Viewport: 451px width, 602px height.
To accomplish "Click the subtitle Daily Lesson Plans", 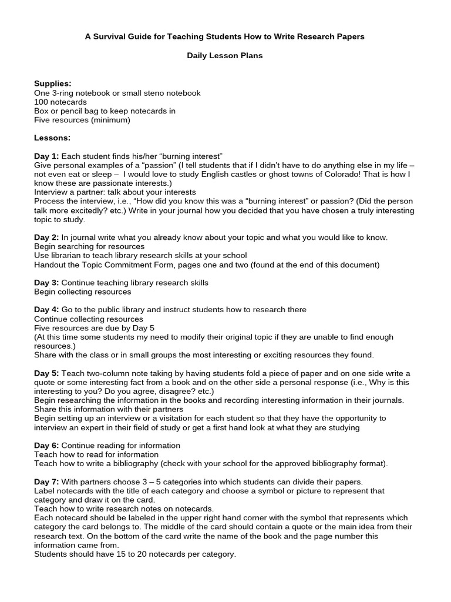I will coord(225,55).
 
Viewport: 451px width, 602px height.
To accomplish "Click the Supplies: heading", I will coord(52,83).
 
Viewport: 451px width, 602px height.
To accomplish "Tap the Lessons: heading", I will coord(52,138).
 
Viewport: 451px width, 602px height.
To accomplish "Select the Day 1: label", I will coord(46,156).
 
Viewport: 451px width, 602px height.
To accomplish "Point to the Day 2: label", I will coord(46,237).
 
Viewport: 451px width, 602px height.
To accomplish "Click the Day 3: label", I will coord(46,282).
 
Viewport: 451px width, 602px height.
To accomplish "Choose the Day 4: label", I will coord(46,309).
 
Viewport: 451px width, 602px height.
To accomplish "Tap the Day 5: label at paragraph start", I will coord(46,373).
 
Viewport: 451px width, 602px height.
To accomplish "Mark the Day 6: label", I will coord(46,445).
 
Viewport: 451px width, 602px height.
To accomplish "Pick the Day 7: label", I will coord(46,481).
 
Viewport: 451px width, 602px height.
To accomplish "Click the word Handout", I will coord(51,265).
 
